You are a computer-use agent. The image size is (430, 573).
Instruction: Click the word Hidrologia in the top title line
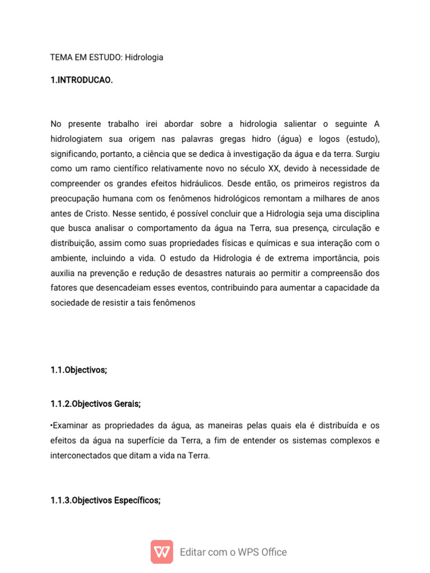tap(144, 57)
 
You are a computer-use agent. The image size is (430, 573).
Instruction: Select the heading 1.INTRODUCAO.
tap(82, 80)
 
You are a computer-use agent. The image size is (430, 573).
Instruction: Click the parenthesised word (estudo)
tap(363, 138)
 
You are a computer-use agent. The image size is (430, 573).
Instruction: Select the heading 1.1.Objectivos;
tap(78, 370)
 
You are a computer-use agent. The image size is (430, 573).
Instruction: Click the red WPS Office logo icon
tap(162, 552)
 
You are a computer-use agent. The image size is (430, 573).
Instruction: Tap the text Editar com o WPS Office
tap(233, 552)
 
